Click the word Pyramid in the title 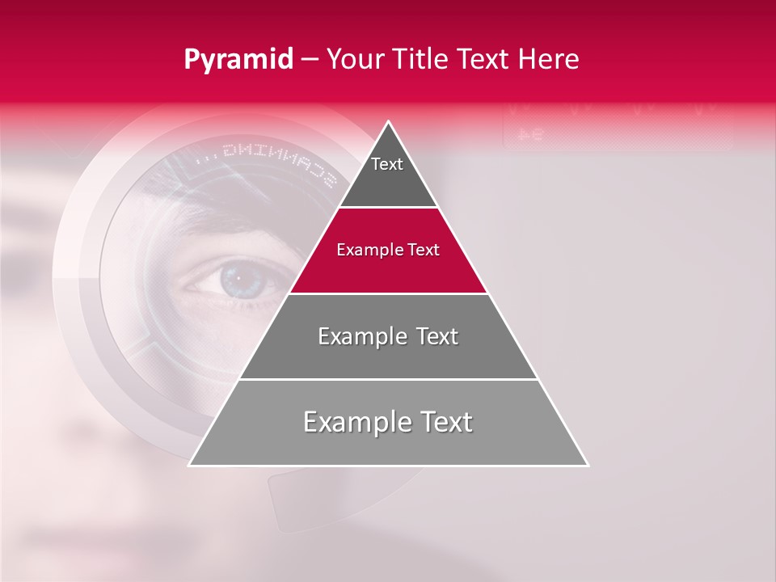238,60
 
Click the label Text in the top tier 387,164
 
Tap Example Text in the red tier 388,250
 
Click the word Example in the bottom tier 347,422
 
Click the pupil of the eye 237,280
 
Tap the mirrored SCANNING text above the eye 267,162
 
